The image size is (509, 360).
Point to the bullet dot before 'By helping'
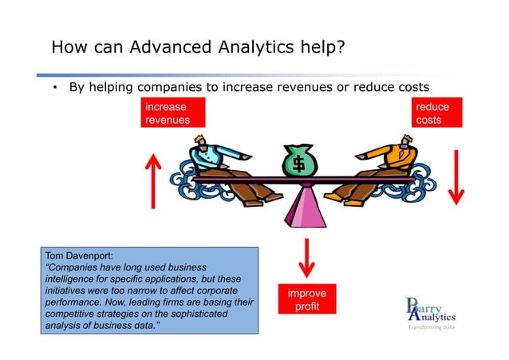tap(55, 87)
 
